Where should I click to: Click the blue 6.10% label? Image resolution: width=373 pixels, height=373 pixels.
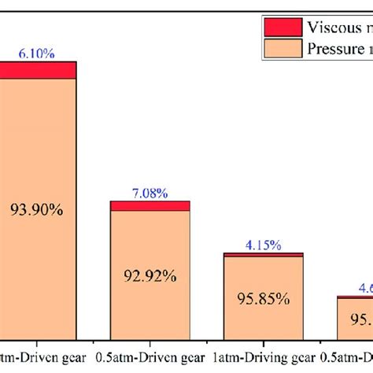(x=38, y=53)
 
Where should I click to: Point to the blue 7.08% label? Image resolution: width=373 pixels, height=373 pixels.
(x=150, y=192)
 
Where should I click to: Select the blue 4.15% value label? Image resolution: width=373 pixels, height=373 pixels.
(x=264, y=245)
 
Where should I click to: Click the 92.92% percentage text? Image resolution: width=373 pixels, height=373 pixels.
(x=150, y=277)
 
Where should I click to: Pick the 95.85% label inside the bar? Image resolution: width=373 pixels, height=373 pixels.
(x=264, y=300)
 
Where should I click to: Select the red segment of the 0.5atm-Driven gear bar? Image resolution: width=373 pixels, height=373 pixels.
(x=150, y=205)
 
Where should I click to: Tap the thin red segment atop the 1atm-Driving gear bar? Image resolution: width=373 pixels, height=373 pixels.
(x=264, y=255)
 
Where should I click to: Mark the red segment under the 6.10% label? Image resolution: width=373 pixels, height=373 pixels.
(x=38, y=70)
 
